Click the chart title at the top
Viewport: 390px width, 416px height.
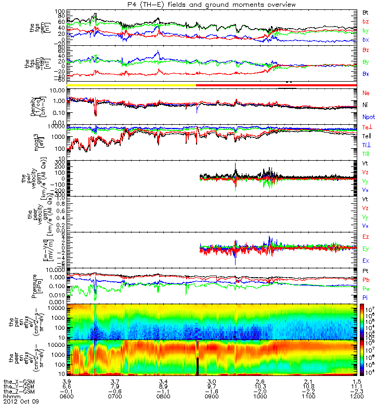point(207,5)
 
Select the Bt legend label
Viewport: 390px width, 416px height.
point(366,11)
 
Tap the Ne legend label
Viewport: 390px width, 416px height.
point(366,93)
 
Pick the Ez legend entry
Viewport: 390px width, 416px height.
point(366,237)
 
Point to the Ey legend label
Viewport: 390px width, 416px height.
point(366,249)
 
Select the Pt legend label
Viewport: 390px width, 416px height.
point(366,271)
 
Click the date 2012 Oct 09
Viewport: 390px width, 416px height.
point(21,402)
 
